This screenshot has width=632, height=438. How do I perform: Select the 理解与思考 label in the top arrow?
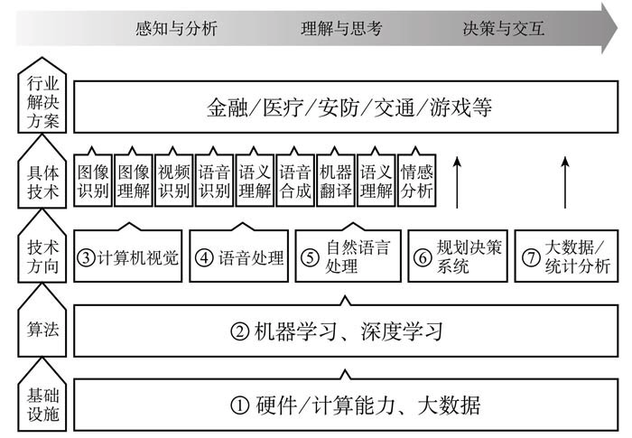342,28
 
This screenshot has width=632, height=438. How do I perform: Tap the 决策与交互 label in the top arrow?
504,28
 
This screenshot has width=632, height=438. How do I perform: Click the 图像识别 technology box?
92,181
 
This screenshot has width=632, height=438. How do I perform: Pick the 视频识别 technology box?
173,181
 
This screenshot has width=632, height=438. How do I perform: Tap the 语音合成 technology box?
295,181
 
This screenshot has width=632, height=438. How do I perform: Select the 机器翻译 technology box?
336,181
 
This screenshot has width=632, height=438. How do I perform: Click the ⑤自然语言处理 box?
347,256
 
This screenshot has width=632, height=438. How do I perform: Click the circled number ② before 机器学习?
240,331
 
